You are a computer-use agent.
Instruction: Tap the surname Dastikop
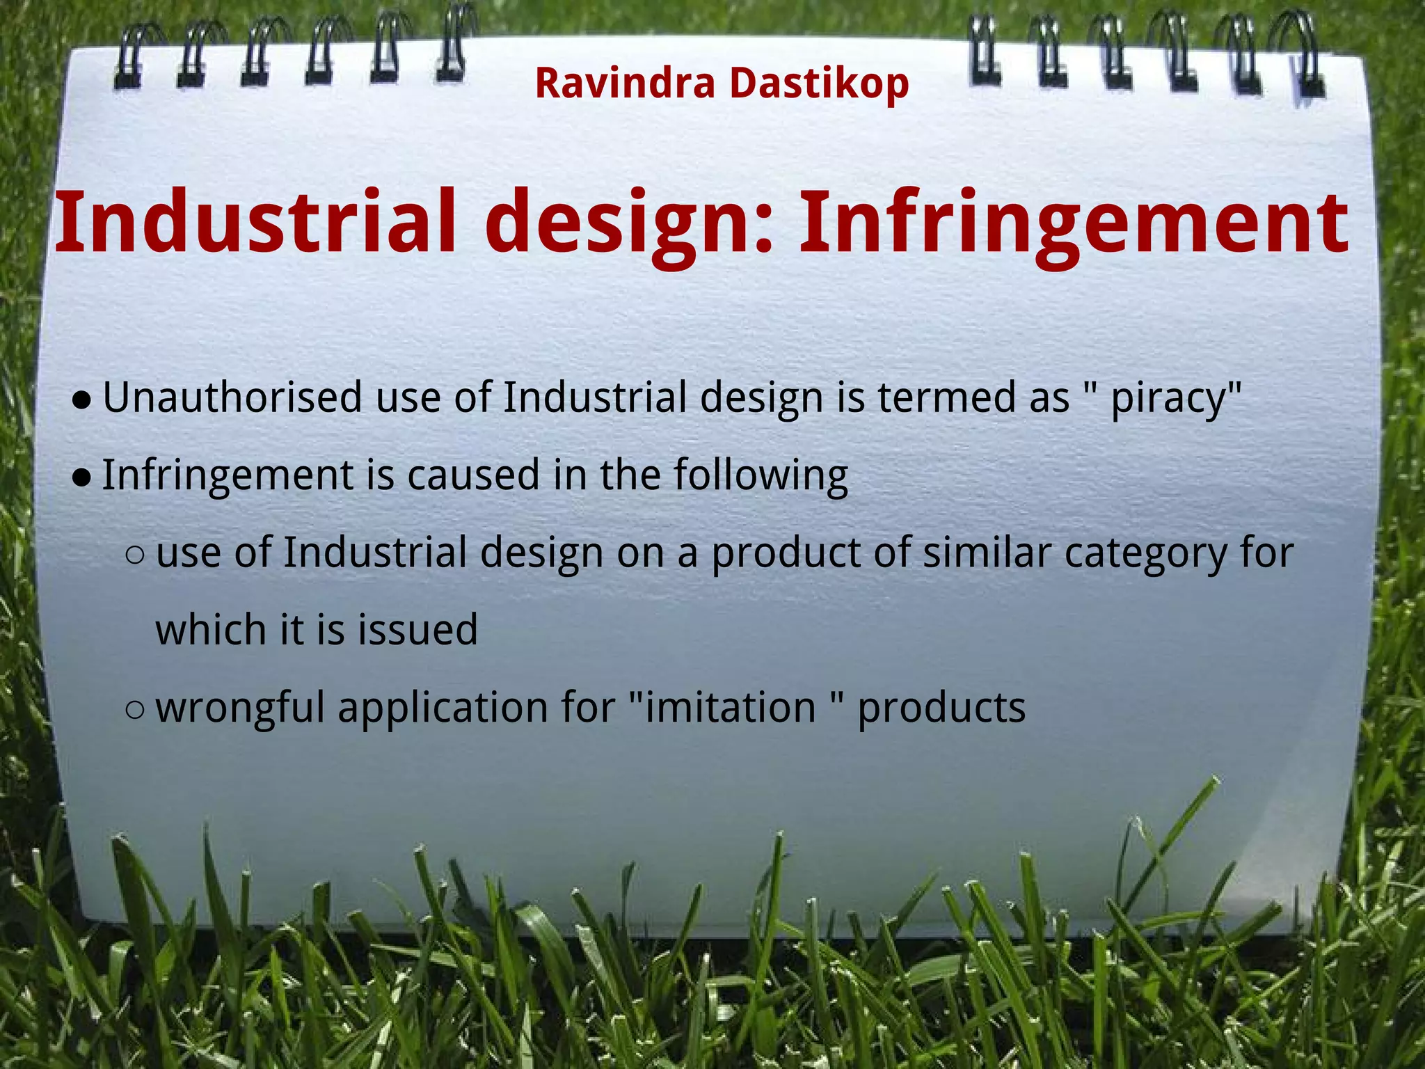click(x=819, y=84)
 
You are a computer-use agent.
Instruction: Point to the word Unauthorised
click(x=232, y=398)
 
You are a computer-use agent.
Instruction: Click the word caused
click(x=473, y=475)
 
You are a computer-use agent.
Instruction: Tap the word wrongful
click(x=240, y=708)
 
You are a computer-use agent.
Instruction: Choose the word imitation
click(x=731, y=707)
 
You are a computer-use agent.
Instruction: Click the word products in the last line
click(x=941, y=708)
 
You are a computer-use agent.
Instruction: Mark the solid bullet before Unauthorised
click(x=82, y=400)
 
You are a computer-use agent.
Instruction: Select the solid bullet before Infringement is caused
click(x=82, y=477)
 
